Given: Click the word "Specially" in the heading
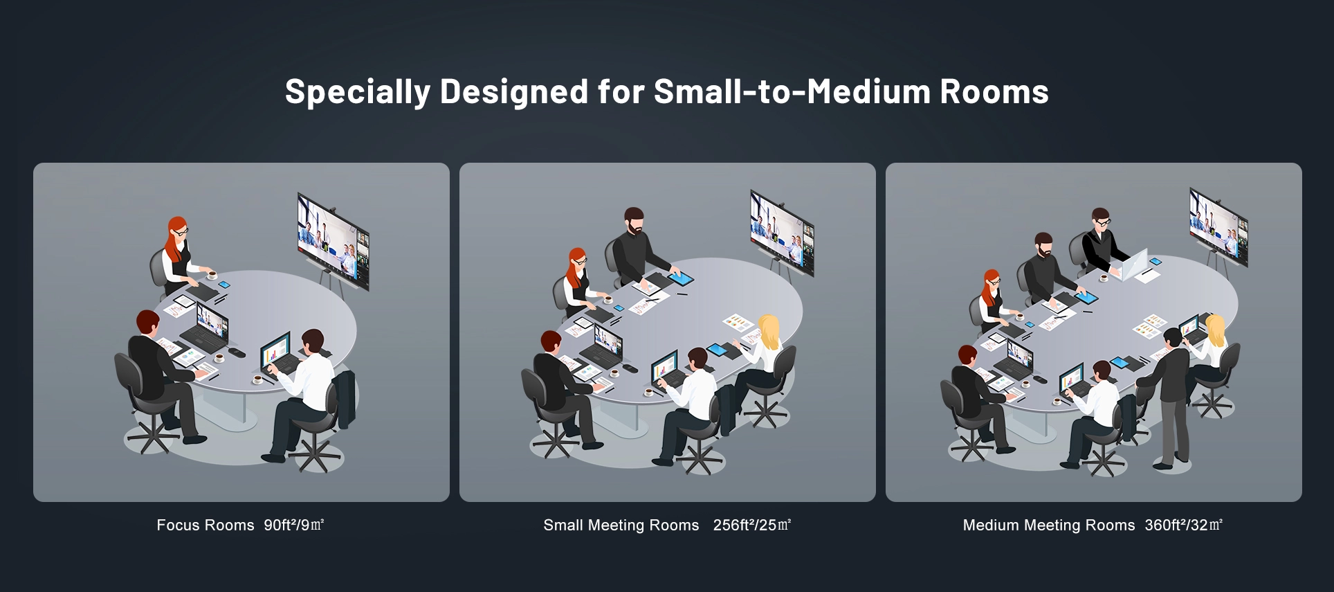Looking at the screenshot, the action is (x=358, y=92).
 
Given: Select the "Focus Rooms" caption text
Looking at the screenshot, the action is (x=205, y=526).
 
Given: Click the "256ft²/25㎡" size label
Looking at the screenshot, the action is (x=752, y=525).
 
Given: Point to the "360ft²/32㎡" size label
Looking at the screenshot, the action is (x=1184, y=525).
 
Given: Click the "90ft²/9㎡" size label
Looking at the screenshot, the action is (x=294, y=525).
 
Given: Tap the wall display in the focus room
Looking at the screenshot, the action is (x=333, y=241).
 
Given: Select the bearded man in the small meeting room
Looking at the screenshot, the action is (x=638, y=250).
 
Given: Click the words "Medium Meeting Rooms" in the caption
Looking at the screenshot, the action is (x=1049, y=526).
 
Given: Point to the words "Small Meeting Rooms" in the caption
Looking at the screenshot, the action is (x=621, y=526).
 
